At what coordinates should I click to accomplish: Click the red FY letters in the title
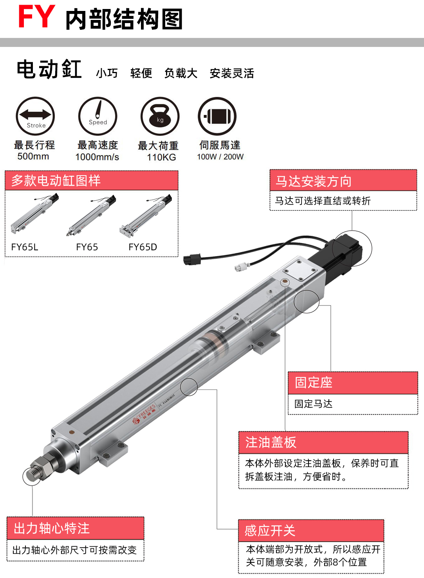[37, 16]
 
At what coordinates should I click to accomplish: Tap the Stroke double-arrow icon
[35, 116]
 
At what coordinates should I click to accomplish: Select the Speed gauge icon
[97, 116]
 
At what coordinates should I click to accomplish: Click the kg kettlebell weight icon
[160, 116]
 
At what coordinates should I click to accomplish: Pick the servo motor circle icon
[217, 116]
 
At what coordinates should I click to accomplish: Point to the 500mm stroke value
[33, 156]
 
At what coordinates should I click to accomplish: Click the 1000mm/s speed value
[97, 157]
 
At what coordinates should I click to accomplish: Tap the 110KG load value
[161, 157]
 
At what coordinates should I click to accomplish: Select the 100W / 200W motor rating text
[220, 157]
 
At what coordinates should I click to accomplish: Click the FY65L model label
[25, 247]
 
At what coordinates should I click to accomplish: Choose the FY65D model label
[143, 247]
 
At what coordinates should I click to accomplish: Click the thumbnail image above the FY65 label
[91, 215]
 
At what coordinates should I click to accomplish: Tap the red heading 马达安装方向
[314, 181]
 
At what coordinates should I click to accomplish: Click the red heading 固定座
[314, 382]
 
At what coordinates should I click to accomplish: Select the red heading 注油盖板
[271, 442]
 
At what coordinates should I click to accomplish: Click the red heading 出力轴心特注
[52, 528]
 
